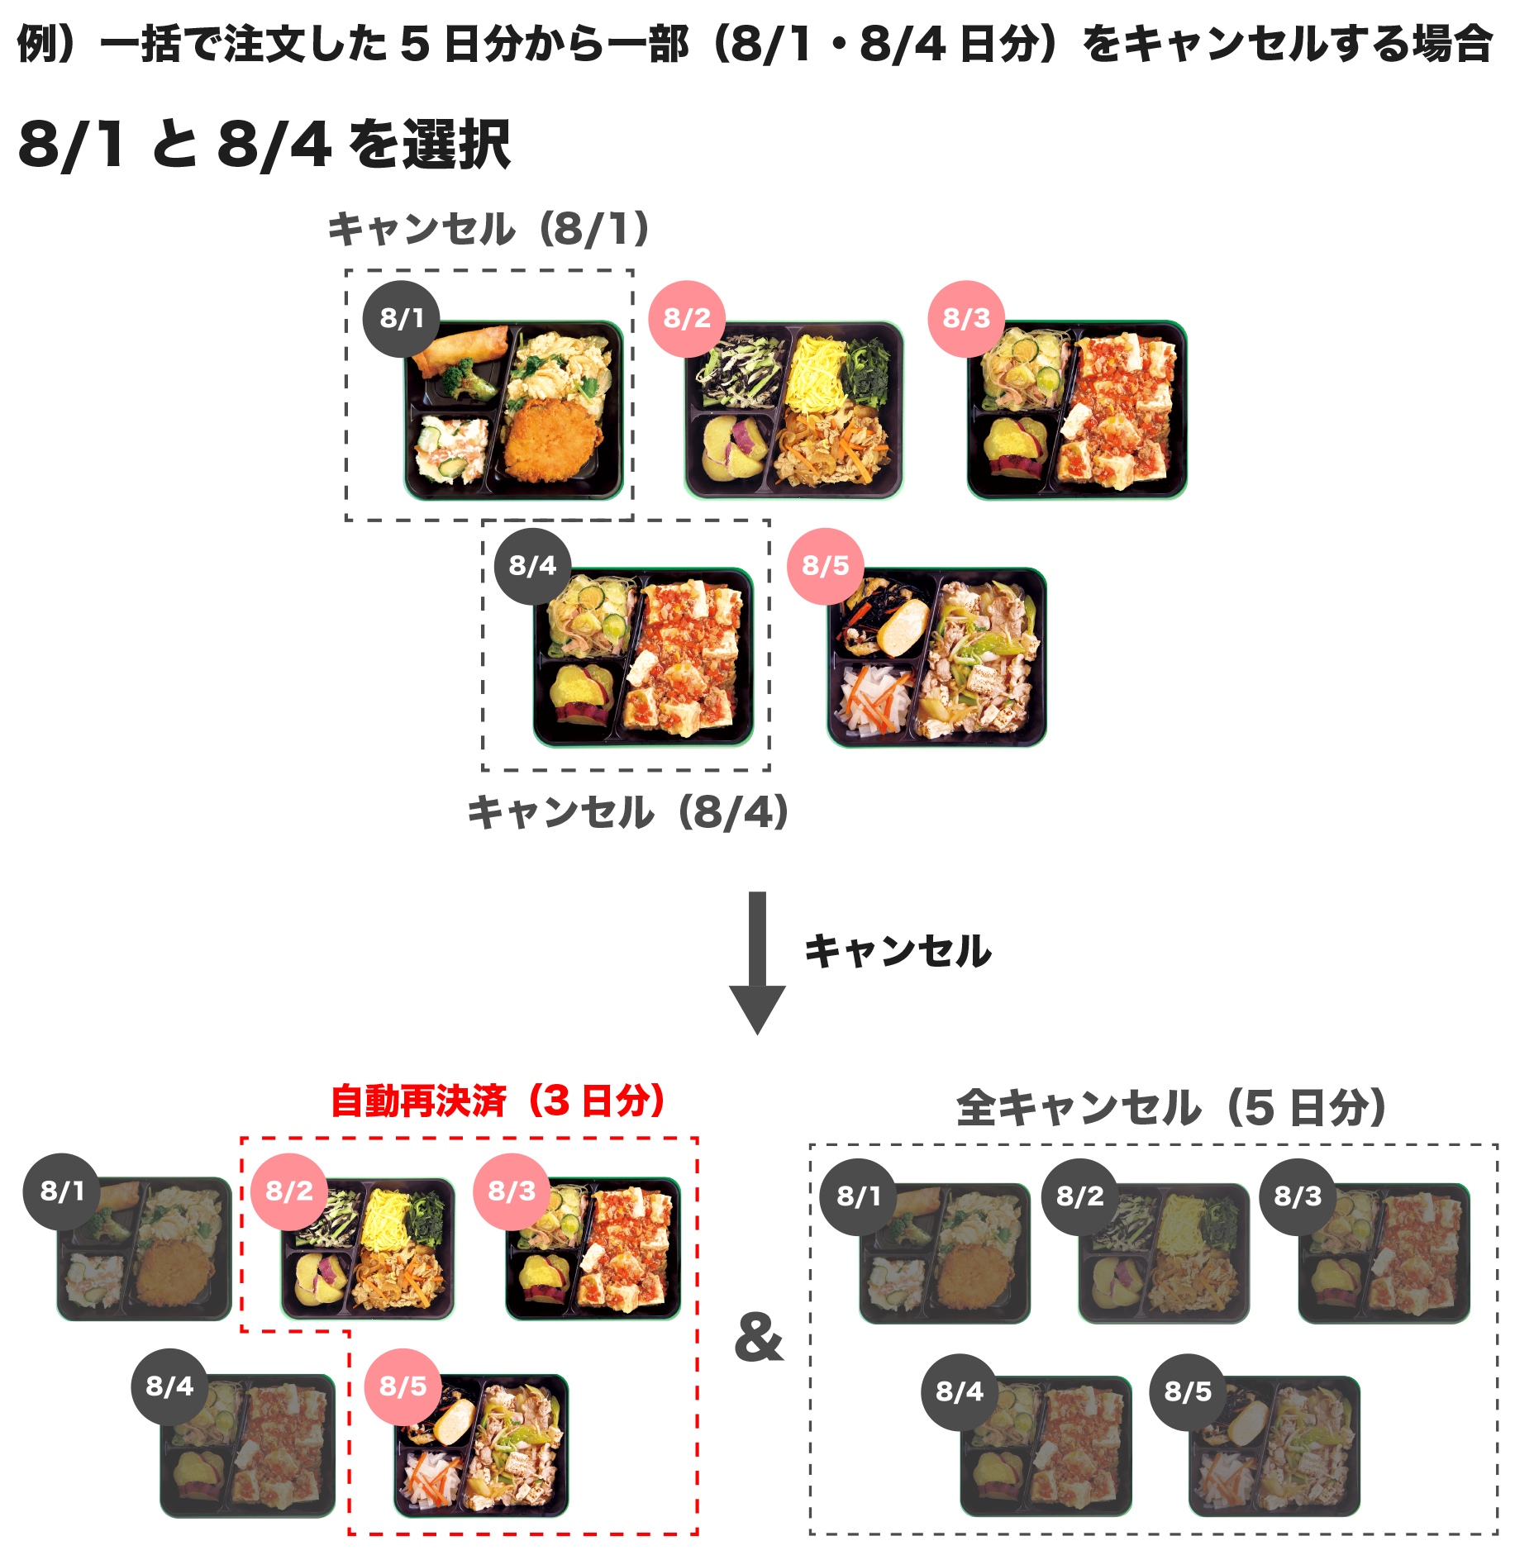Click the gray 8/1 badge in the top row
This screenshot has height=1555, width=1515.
click(401, 318)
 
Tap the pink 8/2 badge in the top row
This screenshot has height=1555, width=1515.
click(686, 318)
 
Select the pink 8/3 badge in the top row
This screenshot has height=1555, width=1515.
click(965, 318)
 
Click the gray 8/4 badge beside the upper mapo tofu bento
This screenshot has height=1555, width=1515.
click(532, 566)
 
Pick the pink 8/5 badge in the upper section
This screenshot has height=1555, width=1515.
click(825, 566)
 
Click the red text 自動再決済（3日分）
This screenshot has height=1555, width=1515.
click(498, 1101)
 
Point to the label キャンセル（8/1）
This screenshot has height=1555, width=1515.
click(488, 229)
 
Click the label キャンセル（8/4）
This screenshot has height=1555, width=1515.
click(627, 812)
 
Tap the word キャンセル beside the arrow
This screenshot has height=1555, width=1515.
click(898, 950)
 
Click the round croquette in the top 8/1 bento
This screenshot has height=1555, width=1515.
click(552, 438)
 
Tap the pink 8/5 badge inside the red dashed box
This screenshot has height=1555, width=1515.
click(403, 1386)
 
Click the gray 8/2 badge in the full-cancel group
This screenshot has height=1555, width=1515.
click(1079, 1196)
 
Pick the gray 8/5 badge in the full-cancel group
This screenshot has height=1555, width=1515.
click(1187, 1391)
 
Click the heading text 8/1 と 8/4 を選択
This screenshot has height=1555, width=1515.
click(264, 145)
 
